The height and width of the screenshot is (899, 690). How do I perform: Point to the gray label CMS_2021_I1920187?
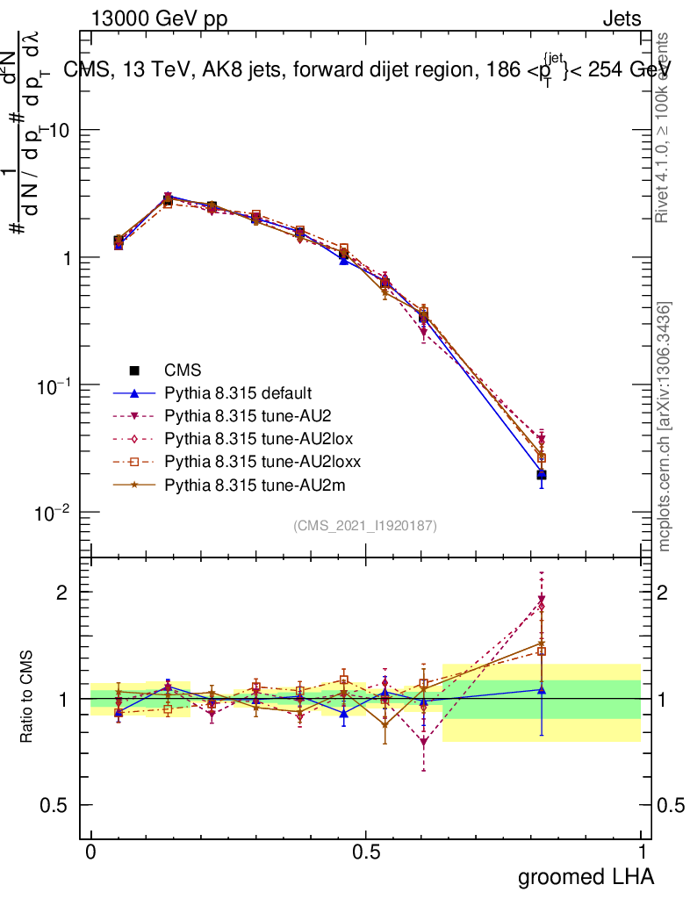coord(365,526)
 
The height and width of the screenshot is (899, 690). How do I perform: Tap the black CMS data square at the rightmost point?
coord(542,475)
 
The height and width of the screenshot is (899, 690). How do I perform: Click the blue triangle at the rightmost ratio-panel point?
coord(542,690)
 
